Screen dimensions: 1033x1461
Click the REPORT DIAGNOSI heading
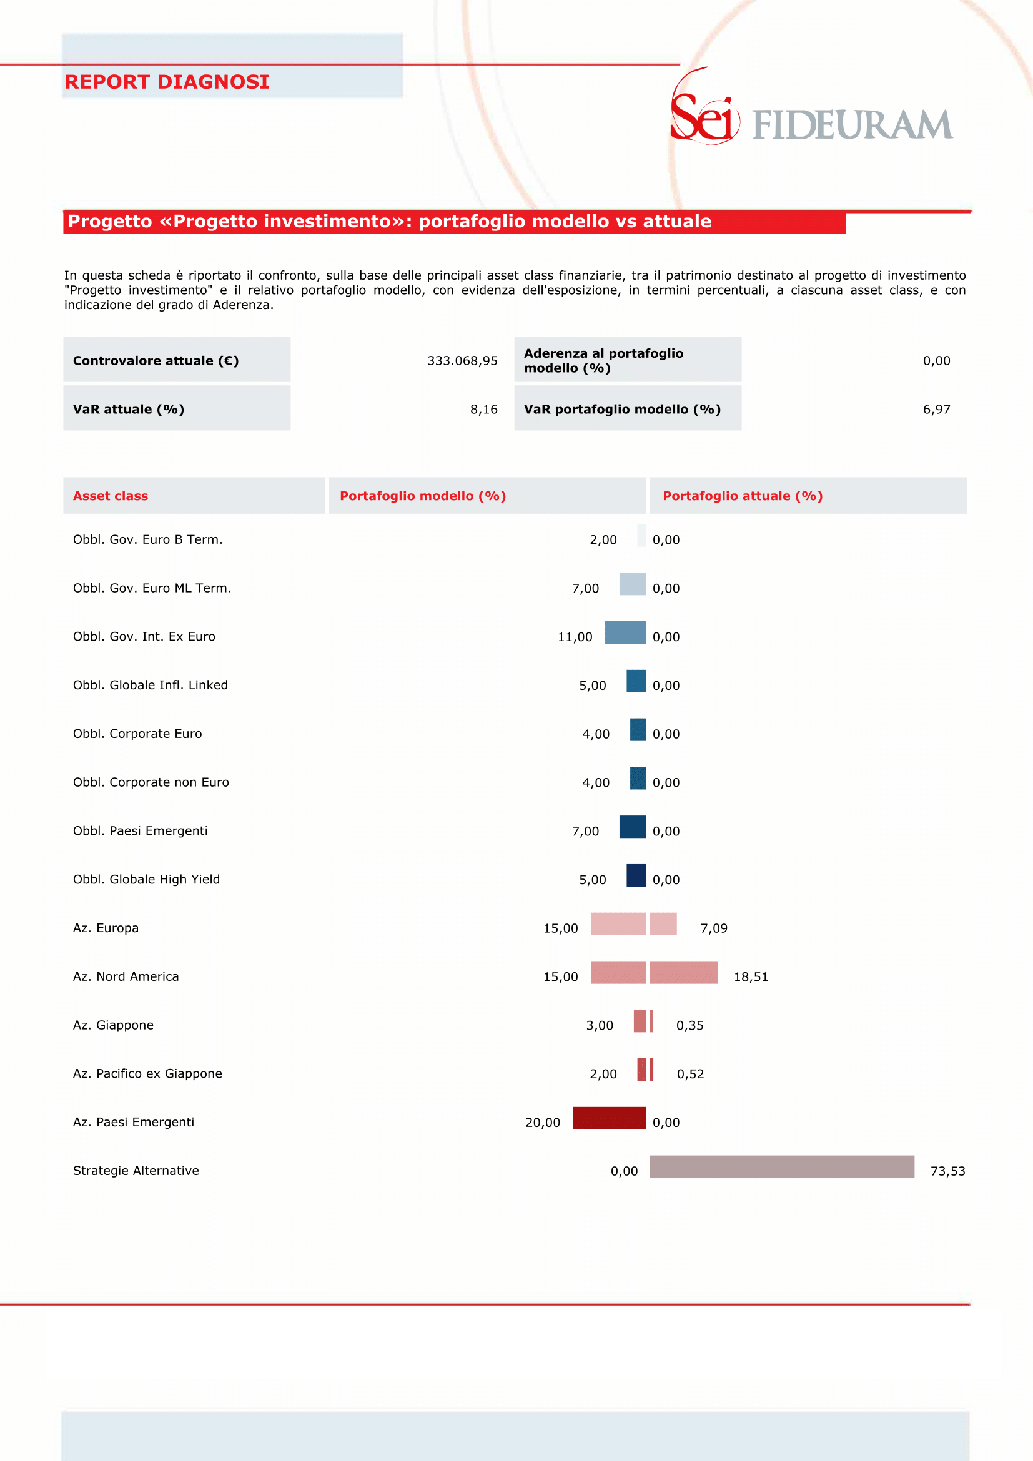coord(167,81)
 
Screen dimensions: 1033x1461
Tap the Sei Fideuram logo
coord(811,106)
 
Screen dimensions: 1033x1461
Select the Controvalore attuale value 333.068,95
coord(462,361)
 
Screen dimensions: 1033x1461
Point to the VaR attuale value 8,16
coord(484,409)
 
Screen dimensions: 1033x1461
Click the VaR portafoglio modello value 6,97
coord(936,409)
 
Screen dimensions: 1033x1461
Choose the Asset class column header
coord(110,496)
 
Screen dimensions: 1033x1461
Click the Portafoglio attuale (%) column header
coord(743,496)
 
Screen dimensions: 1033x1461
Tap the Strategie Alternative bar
coord(781,1166)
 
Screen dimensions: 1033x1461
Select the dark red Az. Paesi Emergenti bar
coord(609,1118)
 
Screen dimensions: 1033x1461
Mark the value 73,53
coord(947,1171)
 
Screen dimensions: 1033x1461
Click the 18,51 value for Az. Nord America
coord(751,976)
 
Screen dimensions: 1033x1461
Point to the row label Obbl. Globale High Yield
coord(146,879)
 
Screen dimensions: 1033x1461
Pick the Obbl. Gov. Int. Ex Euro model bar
coord(625,632)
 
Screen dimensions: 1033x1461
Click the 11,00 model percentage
coord(575,637)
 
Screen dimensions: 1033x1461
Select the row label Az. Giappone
coord(113,1025)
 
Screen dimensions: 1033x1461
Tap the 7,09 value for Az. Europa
coord(713,928)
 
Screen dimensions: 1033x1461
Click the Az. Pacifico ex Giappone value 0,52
coord(690,1074)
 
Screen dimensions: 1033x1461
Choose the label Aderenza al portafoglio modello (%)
coord(603,361)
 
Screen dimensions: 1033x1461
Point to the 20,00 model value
coord(542,1123)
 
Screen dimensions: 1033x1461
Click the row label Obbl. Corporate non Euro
coord(151,782)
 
